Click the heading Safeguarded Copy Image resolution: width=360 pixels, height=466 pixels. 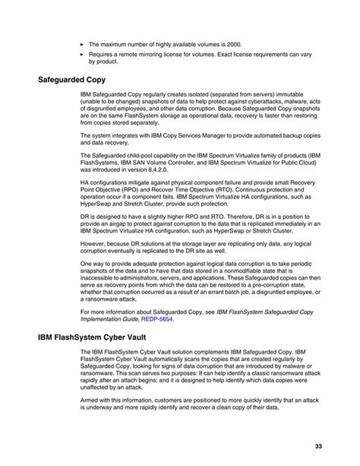click(71, 78)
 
